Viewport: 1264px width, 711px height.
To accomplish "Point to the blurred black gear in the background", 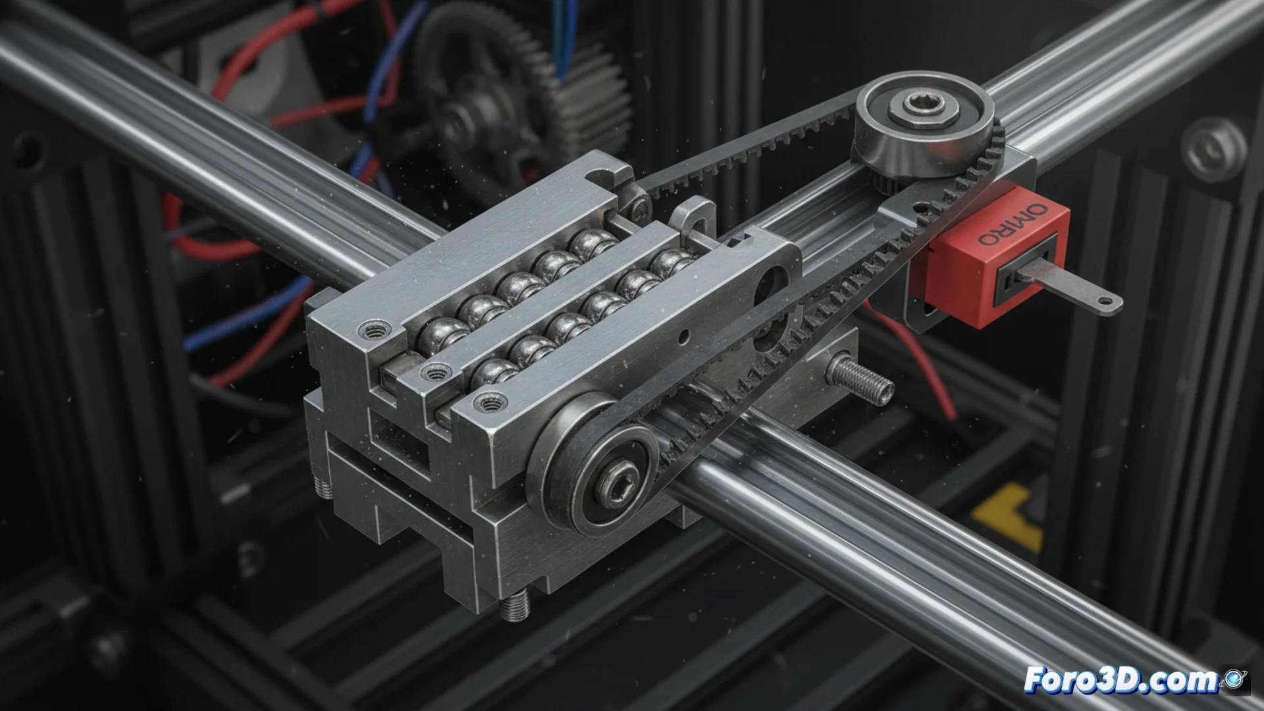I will [x=520, y=99].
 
